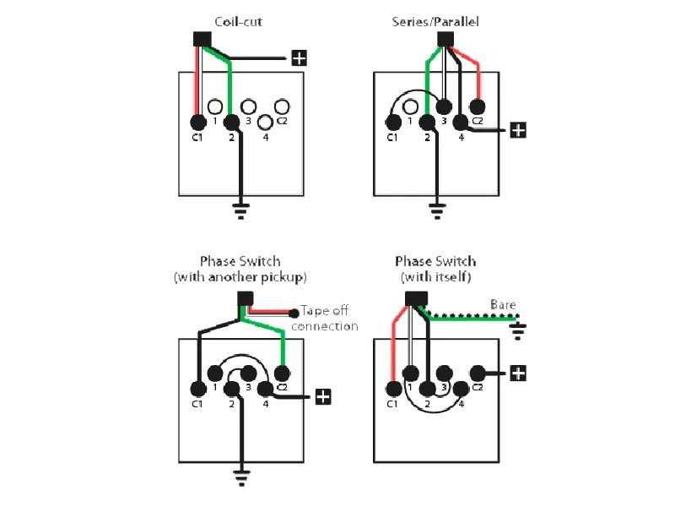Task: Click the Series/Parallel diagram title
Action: [x=435, y=21]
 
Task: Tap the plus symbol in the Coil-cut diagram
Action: [x=299, y=58]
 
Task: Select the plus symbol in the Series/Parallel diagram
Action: [x=518, y=130]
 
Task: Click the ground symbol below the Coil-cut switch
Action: [x=241, y=210]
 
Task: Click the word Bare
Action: [x=503, y=305]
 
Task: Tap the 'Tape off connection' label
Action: [x=325, y=319]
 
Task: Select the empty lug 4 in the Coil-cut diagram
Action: [x=265, y=122]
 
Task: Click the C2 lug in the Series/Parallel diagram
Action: [x=477, y=106]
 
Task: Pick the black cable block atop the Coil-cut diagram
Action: [x=202, y=39]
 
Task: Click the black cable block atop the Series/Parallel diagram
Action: [x=445, y=39]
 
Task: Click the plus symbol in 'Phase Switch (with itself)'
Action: [x=518, y=373]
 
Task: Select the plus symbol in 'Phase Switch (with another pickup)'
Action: [x=323, y=396]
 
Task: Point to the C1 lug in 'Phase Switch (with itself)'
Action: [x=392, y=389]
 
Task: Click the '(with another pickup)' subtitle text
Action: [x=240, y=277]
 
